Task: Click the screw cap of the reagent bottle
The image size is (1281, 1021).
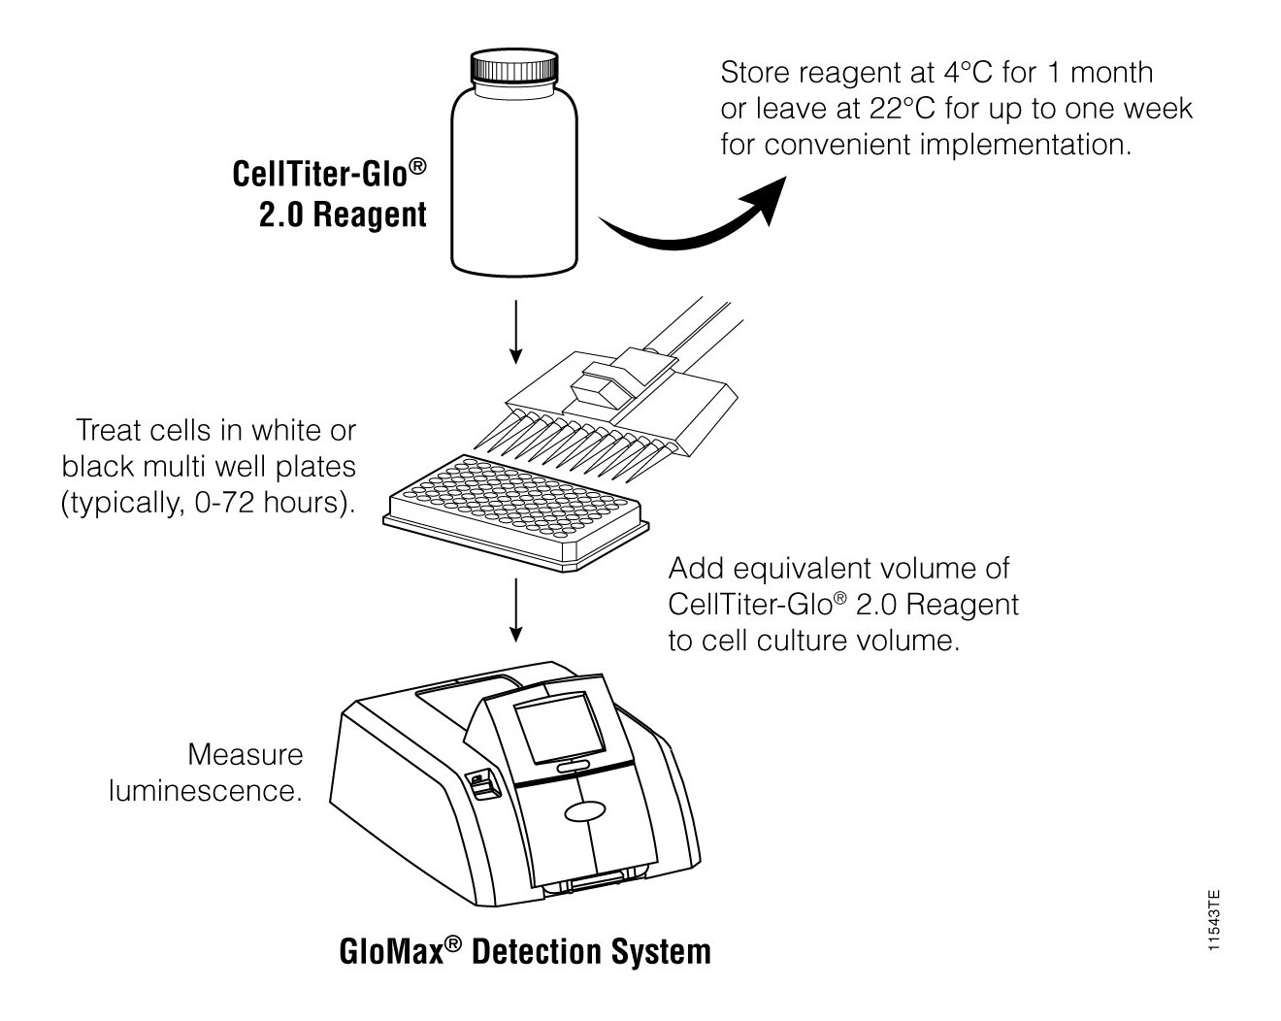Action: (x=514, y=69)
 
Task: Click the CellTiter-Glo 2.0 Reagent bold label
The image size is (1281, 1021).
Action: (x=330, y=194)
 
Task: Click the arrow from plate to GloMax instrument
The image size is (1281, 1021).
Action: (x=516, y=611)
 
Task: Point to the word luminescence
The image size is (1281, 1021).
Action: (x=205, y=790)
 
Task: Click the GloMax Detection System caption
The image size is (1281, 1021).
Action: (x=525, y=951)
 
